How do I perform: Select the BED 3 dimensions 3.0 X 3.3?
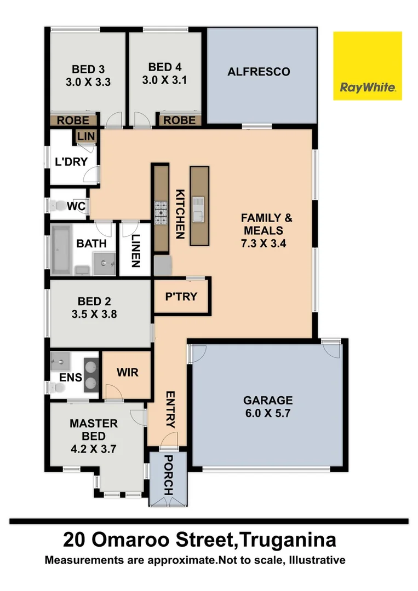[88, 83]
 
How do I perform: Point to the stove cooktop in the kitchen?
[161, 213]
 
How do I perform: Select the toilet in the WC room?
[56, 206]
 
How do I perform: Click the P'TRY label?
[181, 297]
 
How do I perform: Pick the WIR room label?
[127, 373]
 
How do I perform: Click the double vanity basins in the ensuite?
[91, 375]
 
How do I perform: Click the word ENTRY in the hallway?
[170, 410]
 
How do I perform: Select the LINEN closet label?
[135, 250]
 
